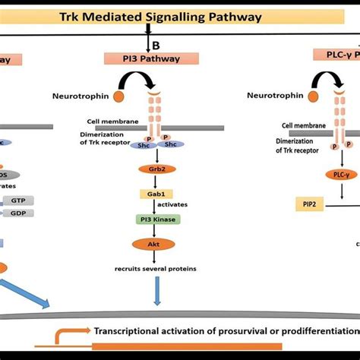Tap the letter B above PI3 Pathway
pyautogui.click(x=155, y=43)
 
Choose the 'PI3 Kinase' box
pyautogui.click(x=155, y=219)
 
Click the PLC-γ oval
pyautogui.click(x=342, y=174)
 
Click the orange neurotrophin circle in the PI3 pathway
pyautogui.click(x=119, y=96)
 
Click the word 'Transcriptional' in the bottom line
pyautogui.click(x=131, y=330)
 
